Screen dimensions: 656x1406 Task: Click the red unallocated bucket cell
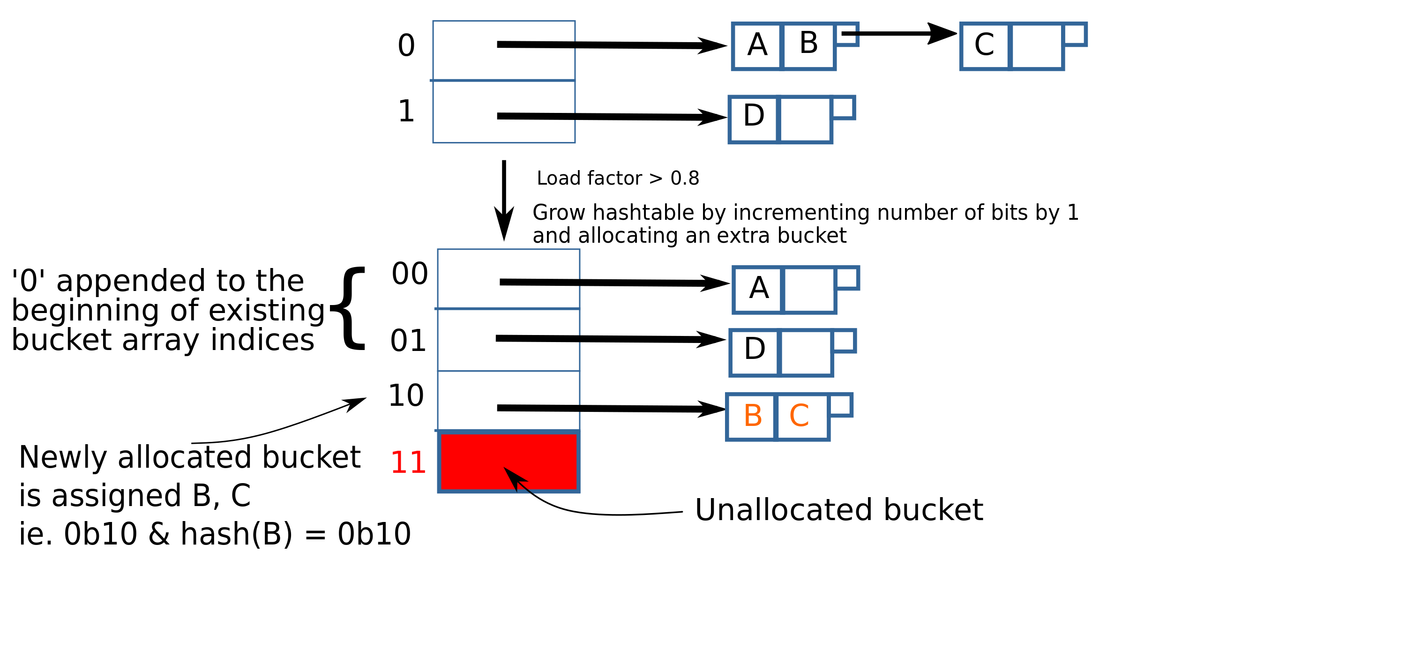tap(509, 462)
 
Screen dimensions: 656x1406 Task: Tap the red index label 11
tap(408, 462)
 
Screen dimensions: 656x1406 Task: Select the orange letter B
tap(753, 416)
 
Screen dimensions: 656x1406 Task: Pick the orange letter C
tap(799, 416)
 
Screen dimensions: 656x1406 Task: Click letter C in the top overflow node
tap(984, 45)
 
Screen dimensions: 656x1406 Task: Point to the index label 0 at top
tap(406, 45)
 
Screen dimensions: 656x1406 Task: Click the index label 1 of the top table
tap(406, 112)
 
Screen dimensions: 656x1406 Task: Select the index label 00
tap(409, 274)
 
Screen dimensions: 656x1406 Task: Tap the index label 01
tap(408, 341)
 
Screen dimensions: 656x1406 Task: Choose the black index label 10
tap(405, 395)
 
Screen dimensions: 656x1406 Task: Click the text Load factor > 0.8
tap(617, 179)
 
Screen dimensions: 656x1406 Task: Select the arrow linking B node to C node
tap(898, 33)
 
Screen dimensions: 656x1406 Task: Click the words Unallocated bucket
tap(838, 510)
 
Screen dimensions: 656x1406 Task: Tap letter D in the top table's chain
tap(754, 116)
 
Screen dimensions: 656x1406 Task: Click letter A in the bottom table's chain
tap(759, 288)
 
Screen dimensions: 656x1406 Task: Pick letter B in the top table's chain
tap(808, 43)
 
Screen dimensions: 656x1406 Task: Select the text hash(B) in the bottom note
tap(236, 534)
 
